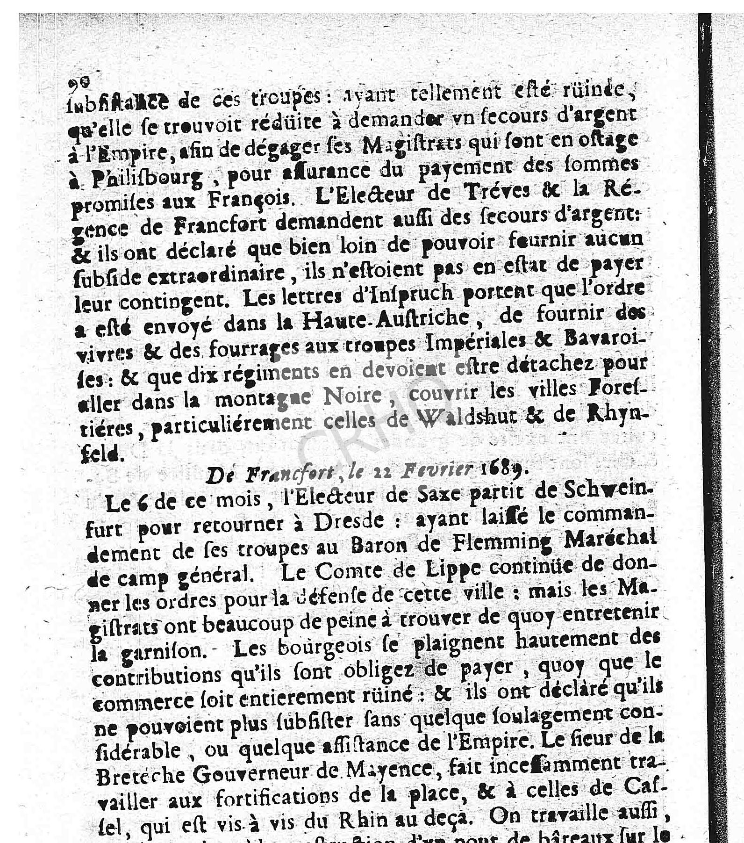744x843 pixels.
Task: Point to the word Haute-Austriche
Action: [x=386, y=319]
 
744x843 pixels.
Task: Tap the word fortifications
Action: [x=280, y=797]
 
